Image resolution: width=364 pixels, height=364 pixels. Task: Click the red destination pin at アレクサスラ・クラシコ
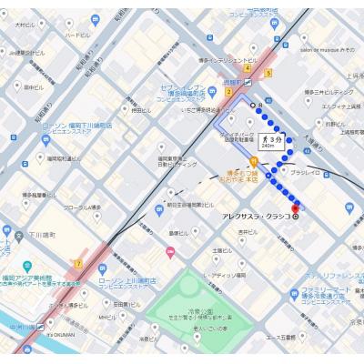(296, 210)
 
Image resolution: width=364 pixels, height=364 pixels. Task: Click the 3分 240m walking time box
(271, 141)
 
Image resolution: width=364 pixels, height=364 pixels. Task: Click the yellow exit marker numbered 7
(80, 263)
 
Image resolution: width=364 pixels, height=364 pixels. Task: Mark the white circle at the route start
(253, 106)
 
